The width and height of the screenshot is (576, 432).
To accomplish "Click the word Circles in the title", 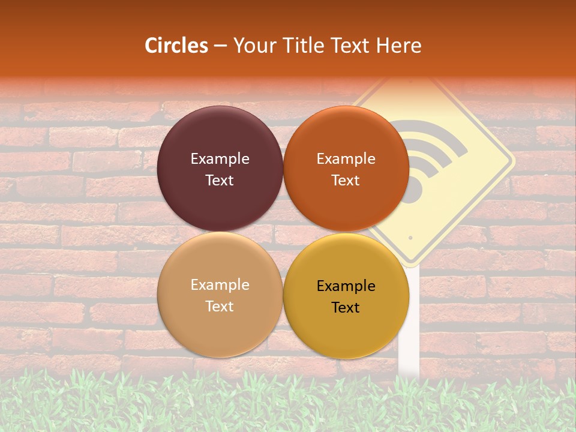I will coord(176,46).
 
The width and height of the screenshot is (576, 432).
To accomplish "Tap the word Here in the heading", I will coord(398,46).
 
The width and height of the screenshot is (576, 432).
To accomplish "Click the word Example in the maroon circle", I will coord(220,158).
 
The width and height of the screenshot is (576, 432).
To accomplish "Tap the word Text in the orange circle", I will coord(346,180).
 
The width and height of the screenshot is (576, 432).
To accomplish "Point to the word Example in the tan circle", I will coord(220,284).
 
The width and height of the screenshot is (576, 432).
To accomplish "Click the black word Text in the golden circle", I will coord(346,307).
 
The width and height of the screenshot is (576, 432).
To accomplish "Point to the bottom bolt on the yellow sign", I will coord(410,238).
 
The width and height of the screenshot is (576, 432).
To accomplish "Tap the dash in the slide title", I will coord(220,46).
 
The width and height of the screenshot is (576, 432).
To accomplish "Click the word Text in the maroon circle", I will coord(220,180).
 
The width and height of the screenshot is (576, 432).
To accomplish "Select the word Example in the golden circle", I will coord(346,286).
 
